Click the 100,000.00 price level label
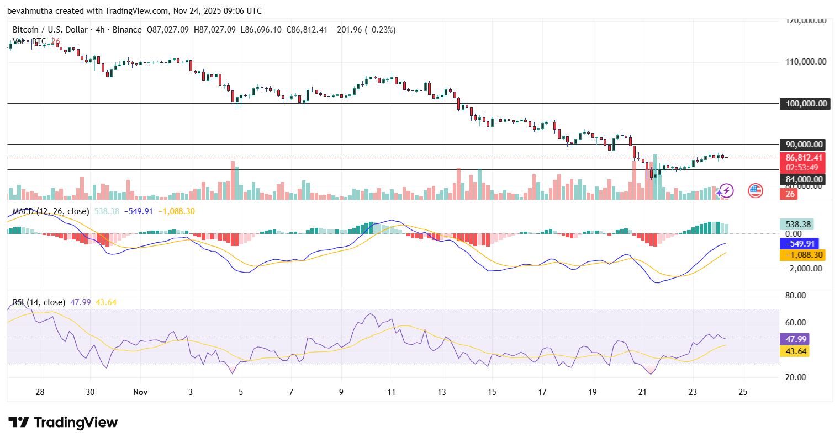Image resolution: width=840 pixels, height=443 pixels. tap(806, 104)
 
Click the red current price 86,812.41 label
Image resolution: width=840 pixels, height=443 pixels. tap(804, 158)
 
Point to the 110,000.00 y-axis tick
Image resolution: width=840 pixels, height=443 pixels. tap(806, 62)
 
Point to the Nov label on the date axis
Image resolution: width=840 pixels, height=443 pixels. tap(140, 392)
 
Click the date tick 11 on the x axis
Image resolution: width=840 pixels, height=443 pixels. tap(392, 392)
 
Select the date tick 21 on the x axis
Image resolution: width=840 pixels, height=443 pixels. tap(642, 392)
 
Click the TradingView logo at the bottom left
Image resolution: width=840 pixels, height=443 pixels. tap(63, 423)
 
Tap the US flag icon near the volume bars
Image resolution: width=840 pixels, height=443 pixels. tap(755, 191)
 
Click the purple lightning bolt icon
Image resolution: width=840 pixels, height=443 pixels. tap(725, 191)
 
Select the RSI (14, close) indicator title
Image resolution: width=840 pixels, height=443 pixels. tap(39, 302)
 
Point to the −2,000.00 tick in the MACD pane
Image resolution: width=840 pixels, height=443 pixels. tap(804, 269)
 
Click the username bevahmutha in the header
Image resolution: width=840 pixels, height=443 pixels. tap(31, 11)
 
